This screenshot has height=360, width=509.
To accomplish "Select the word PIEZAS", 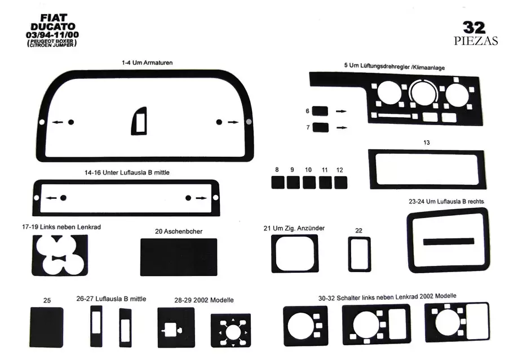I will (x=475, y=41).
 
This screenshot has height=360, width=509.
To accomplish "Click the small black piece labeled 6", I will (x=320, y=111).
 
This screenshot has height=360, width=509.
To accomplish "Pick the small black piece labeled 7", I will (x=320, y=127).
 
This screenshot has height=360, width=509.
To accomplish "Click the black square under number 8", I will (x=277, y=183).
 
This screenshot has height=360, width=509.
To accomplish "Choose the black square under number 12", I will (x=340, y=183).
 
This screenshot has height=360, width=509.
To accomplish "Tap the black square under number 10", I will (x=309, y=183).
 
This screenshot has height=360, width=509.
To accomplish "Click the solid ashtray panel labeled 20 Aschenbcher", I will (x=179, y=257).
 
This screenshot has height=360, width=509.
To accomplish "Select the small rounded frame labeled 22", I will (x=359, y=253).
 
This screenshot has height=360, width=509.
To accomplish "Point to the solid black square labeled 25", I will (x=47, y=327).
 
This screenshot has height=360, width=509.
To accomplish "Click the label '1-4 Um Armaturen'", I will (x=147, y=63).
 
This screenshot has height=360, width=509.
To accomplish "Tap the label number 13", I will (x=427, y=143).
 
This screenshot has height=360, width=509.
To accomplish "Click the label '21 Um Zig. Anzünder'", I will (x=294, y=228).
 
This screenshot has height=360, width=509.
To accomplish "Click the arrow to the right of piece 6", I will (x=341, y=112).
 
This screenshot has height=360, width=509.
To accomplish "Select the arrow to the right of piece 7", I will (x=341, y=128).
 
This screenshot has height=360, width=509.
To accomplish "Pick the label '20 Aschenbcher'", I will (x=179, y=231).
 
